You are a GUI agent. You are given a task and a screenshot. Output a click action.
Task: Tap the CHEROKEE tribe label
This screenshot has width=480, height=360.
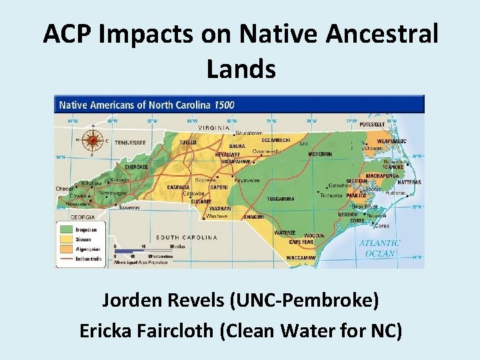tap(136, 167)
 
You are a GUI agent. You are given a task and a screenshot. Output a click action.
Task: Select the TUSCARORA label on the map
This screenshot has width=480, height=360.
tap(281, 199)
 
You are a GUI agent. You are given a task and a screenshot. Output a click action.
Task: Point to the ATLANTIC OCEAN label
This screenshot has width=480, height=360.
tap(379, 248)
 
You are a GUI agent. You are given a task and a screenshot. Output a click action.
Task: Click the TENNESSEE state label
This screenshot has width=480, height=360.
tap(131, 143)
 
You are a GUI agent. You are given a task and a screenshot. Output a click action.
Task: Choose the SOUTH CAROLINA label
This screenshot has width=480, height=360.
tap(187, 237)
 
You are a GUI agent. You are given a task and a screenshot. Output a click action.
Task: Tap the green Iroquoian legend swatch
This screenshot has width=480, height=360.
tap(65, 230)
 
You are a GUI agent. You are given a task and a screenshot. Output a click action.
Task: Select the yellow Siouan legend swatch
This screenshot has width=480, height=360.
tap(65, 239)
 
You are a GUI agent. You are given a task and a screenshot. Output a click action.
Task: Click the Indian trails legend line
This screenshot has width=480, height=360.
tap(65, 256)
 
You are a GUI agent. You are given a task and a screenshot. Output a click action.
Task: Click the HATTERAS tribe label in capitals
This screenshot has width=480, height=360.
tap(409, 182)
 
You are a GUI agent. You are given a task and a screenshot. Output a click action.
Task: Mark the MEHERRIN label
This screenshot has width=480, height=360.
tap(319, 154)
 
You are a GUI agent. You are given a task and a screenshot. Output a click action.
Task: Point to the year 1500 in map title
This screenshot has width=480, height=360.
tap(224, 105)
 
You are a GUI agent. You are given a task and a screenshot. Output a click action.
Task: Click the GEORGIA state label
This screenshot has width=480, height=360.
tap(75, 217)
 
